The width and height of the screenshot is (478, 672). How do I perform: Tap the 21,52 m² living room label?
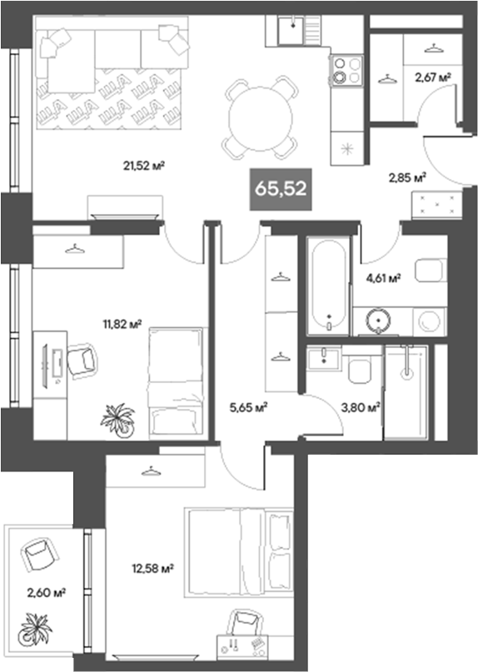[141, 165]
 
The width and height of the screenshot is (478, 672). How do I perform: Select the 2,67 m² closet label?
[432, 77]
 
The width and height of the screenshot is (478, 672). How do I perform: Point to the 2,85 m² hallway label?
[406, 177]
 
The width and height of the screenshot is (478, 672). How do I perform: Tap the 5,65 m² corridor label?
[247, 407]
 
